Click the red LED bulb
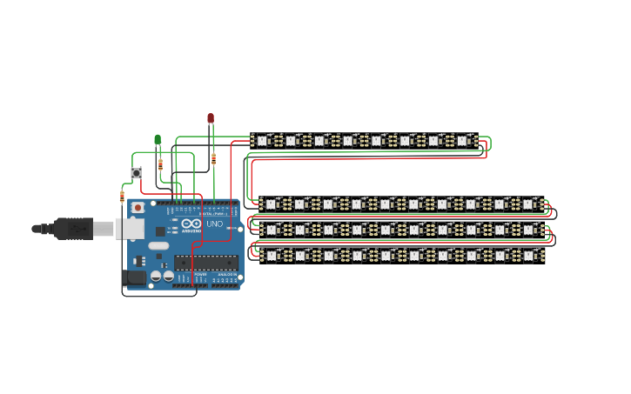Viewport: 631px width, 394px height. click(x=210, y=117)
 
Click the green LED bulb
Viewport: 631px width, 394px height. click(x=158, y=139)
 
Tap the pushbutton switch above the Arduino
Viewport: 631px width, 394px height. click(x=137, y=173)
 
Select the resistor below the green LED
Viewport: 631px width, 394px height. click(x=160, y=164)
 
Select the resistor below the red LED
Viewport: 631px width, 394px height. click(x=214, y=158)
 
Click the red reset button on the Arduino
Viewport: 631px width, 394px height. click(x=138, y=208)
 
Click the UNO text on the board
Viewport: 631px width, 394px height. click(x=214, y=224)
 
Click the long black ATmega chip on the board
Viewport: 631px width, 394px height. click(x=205, y=263)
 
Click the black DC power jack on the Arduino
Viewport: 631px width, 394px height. click(x=135, y=277)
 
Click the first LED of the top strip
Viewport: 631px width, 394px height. click(x=264, y=139)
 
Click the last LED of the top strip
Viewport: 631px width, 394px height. click(x=462, y=139)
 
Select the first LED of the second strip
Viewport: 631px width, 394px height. click(x=272, y=204)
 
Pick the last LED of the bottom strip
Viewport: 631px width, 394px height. click(x=527, y=256)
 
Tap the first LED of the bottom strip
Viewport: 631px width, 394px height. click(x=272, y=256)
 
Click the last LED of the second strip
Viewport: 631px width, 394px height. click(x=527, y=204)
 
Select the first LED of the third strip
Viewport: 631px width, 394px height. click(x=272, y=230)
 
